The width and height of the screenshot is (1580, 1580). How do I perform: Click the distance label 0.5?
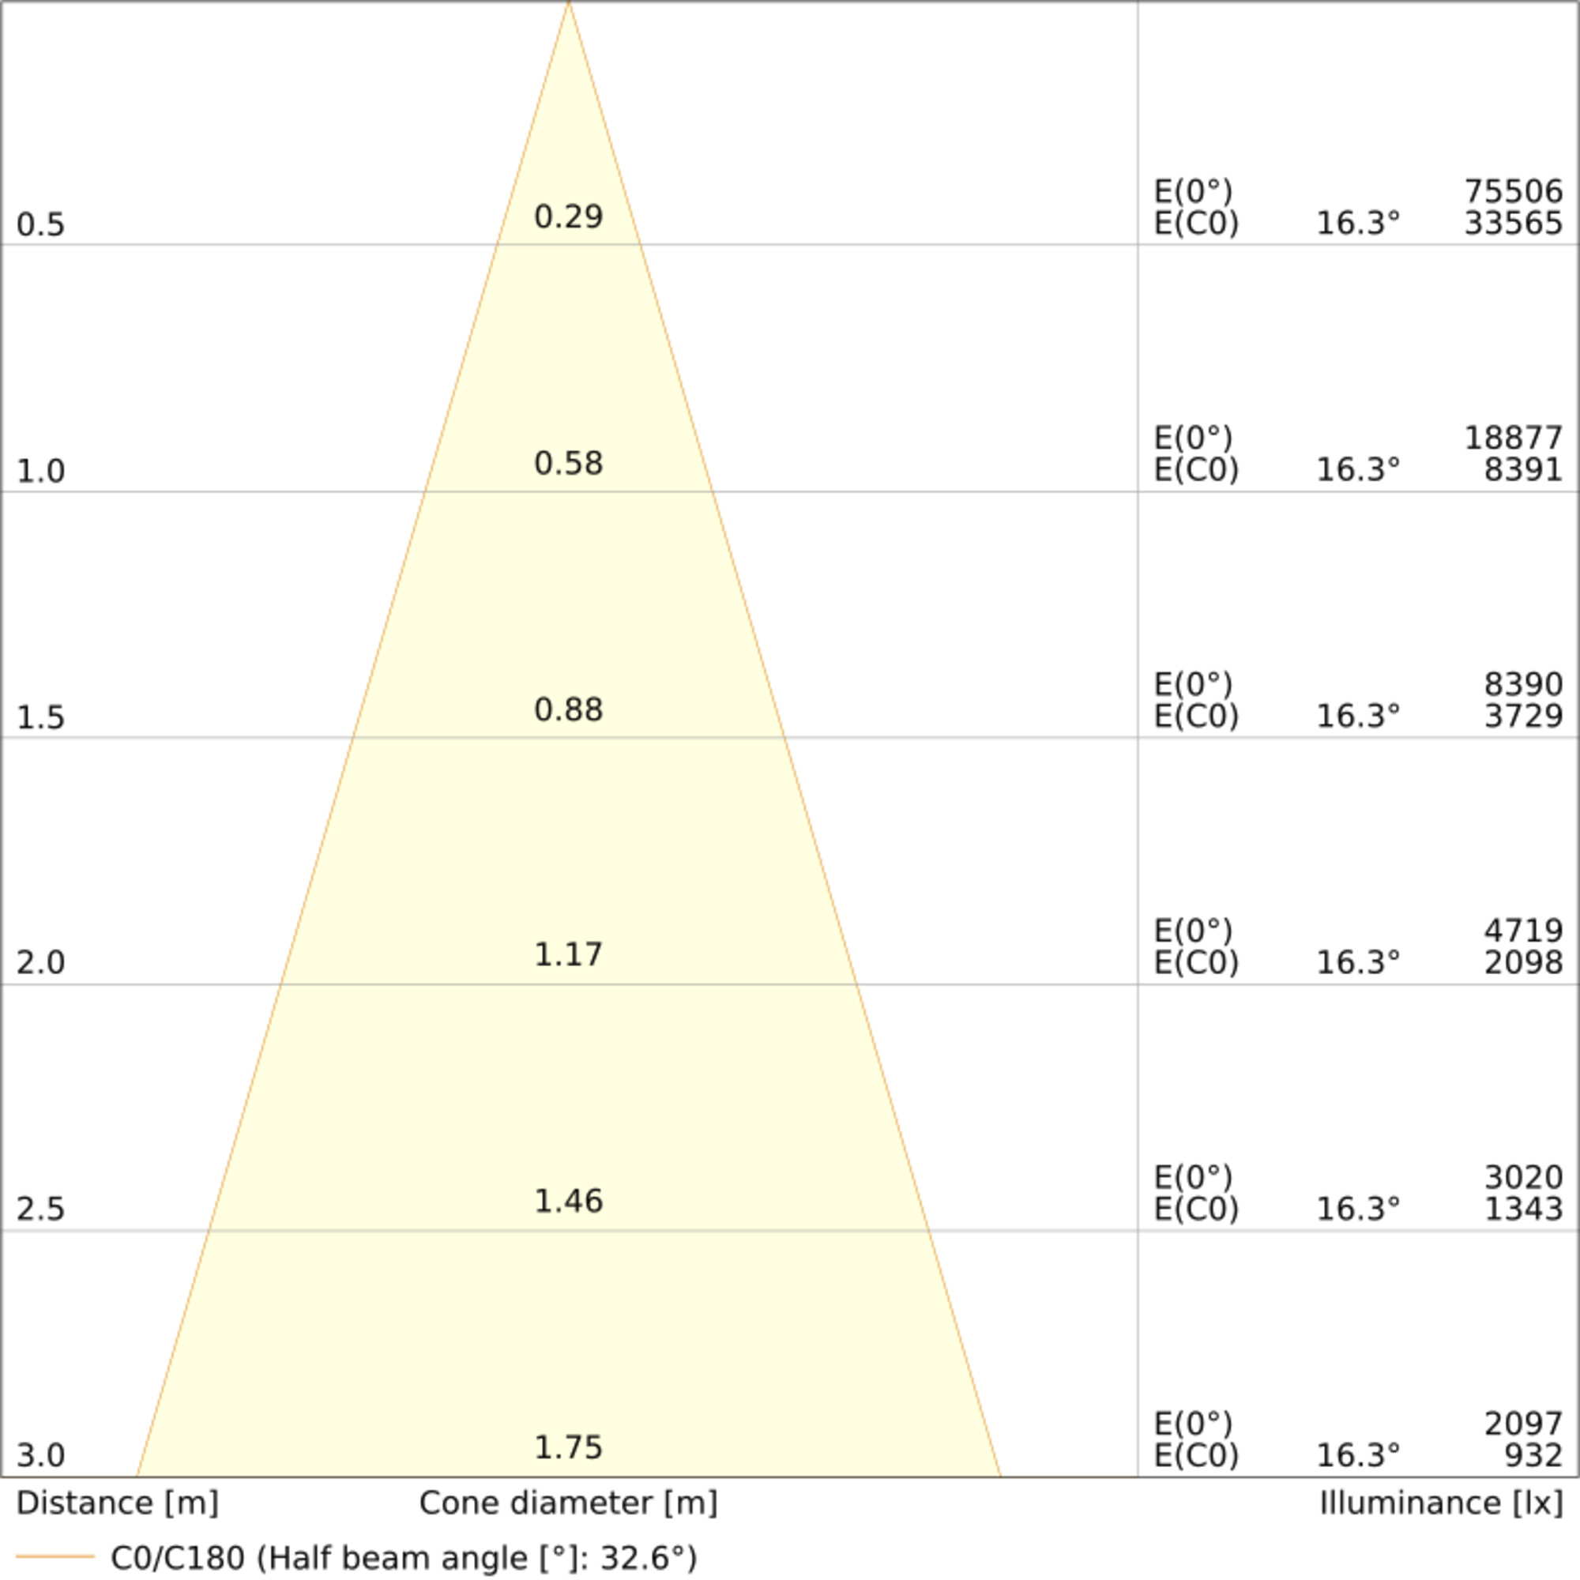(x=40, y=225)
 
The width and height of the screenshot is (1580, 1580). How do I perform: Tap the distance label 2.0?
(x=40, y=963)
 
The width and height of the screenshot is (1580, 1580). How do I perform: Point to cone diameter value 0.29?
(x=568, y=216)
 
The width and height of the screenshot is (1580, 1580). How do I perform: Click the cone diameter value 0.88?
(x=568, y=710)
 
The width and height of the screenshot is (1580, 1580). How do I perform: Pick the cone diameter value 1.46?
(x=568, y=1202)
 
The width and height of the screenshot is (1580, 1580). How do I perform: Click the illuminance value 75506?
(x=1513, y=192)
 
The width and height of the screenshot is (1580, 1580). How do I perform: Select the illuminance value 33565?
(x=1513, y=224)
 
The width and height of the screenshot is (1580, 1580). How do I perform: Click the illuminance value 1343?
(x=1523, y=1209)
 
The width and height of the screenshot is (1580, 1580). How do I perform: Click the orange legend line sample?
(x=55, y=1556)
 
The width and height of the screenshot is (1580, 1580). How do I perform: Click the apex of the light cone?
(x=568, y=3)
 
